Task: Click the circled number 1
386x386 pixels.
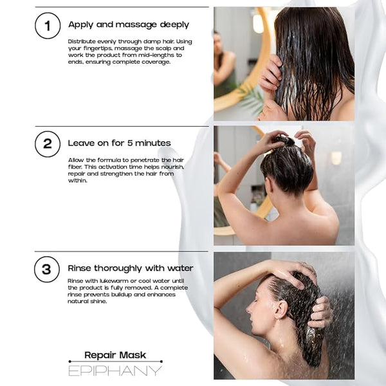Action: tap(48, 26)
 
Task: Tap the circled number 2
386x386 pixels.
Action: tap(48, 144)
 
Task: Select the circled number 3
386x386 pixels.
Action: tap(47, 269)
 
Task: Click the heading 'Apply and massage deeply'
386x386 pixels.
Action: tap(129, 25)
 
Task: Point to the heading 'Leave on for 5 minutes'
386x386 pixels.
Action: tap(119, 143)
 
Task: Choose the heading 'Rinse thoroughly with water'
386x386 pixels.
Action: tap(131, 268)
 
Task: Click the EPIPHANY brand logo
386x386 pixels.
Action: tap(115, 371)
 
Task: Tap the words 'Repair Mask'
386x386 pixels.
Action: tap(115, 355)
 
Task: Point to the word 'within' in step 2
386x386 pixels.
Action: tap(78, 180)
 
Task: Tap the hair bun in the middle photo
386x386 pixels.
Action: tap(285, 140)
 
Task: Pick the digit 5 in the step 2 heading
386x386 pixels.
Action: tap(130, 143)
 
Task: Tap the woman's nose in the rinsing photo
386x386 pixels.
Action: tap(248, 310)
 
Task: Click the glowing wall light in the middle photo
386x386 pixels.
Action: tap(336, 158)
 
